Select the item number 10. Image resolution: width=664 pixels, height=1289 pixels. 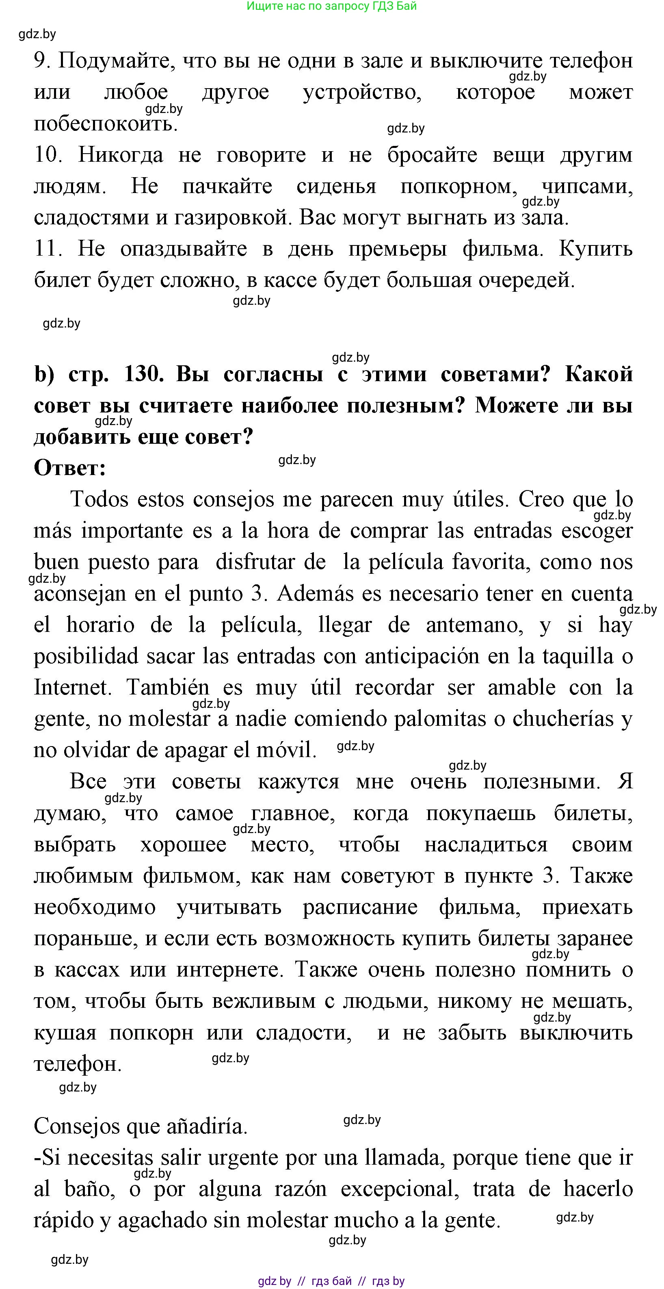[x=48, y=155]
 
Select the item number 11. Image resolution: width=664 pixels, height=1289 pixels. [x=48, y=249]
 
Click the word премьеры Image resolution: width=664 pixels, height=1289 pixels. [x=398, y=249]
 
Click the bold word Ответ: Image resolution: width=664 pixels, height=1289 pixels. [x=70, y=469]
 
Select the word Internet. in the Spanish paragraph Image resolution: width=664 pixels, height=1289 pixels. [x=73, y=688]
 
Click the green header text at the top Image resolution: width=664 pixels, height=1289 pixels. [x=331, y=6]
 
